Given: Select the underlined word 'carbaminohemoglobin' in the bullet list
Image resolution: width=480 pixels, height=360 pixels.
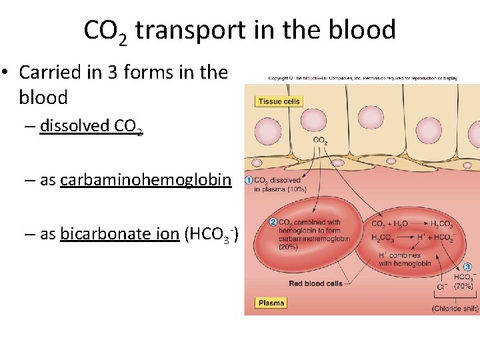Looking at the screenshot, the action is point(145,180).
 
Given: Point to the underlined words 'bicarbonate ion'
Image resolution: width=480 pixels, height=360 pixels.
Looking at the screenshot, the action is point(119,234).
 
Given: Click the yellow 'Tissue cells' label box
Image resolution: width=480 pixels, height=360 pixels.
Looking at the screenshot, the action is point(279,101).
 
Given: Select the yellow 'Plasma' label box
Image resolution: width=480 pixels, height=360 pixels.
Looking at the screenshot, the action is point(271,303).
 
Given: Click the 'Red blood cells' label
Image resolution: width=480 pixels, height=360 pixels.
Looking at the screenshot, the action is point(315,283).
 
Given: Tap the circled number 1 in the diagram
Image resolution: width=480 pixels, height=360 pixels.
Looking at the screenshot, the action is point(247,180).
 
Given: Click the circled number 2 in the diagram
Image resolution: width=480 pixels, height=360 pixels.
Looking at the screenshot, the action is point(272,222).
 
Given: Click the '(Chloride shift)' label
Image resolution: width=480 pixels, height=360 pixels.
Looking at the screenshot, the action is point(455,309).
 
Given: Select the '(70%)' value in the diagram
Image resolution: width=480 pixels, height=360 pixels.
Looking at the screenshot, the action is point(464,287).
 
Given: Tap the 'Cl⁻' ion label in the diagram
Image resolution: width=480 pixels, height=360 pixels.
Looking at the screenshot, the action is point(441,287).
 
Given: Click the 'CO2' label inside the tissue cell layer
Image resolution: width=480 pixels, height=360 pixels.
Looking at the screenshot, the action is point(320,140).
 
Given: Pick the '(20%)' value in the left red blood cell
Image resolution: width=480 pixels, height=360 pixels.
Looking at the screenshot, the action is point(289,246).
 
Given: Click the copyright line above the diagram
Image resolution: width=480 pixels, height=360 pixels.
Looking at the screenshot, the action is point(372,78).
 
